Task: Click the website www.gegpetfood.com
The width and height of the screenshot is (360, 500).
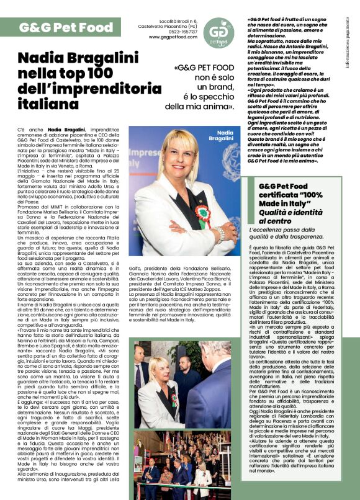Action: click(x=172, y=37)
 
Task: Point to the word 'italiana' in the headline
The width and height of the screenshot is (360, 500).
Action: click(x=49, y=104)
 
